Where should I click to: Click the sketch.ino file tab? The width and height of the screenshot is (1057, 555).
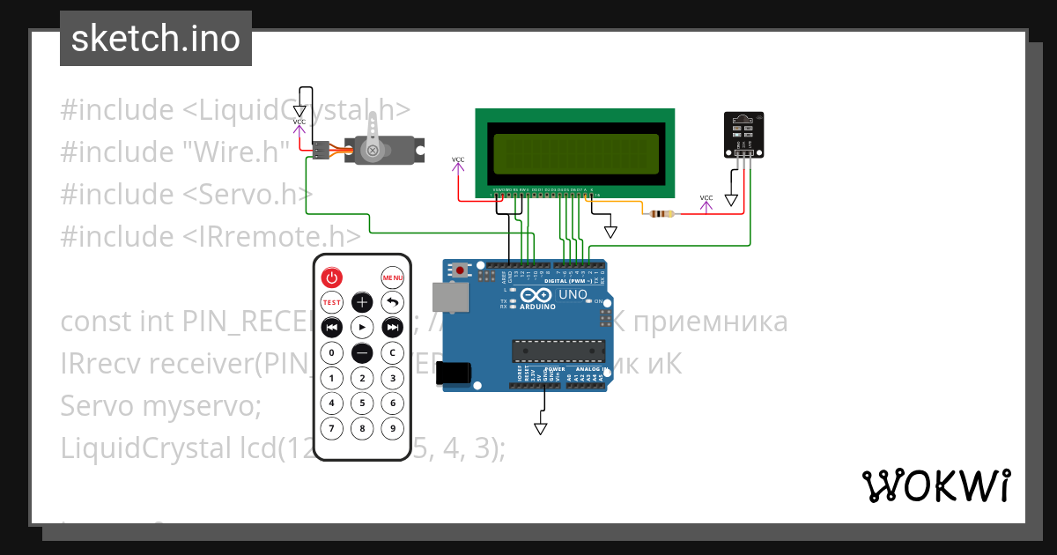tap(156, 39)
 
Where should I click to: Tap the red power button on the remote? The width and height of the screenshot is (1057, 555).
tap(332, 277)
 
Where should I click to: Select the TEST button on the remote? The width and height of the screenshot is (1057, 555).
tap(332, 302)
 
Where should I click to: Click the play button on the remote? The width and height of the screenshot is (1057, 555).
tap(362, 328)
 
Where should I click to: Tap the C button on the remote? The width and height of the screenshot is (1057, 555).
tap(392, 353)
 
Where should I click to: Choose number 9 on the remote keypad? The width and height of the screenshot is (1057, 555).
tap(392, 429)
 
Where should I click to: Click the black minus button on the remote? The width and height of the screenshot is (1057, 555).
tap(362, 353)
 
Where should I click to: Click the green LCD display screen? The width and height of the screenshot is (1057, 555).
tap(575, 153)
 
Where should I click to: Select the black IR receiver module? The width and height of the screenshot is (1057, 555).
tap(743, 134)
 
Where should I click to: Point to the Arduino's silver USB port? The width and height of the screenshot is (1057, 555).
tap(449, 299)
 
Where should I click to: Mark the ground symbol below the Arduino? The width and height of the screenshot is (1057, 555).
tap(540, 429)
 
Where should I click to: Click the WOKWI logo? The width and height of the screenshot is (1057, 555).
tap(935, 485)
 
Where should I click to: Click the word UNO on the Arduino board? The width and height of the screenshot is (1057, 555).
tap(573, 295)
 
